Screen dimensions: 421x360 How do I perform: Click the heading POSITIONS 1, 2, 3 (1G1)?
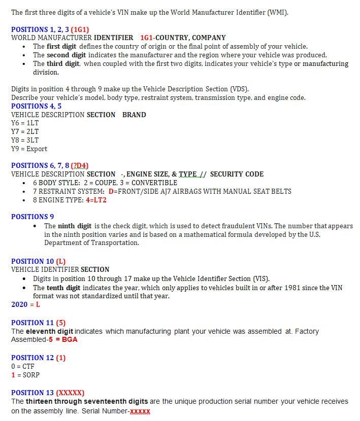50,29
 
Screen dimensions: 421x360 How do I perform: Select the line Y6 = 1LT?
25,123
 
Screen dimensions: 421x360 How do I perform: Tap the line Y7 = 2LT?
25,131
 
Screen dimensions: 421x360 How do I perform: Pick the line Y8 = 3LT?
25,140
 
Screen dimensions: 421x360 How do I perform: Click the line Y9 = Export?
29,149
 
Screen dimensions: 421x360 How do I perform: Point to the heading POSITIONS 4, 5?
36,106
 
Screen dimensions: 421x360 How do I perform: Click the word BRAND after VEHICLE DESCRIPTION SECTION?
134,115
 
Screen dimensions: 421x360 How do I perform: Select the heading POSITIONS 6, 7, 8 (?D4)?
50,165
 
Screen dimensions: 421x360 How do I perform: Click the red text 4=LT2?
96,200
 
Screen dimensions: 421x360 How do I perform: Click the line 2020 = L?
25,304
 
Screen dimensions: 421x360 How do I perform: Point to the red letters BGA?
70,339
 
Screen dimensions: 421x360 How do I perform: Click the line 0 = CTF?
22,366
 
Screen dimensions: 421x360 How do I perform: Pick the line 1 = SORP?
25,375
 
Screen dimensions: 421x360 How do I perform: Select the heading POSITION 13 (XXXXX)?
48,393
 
